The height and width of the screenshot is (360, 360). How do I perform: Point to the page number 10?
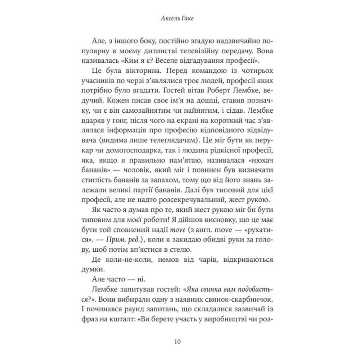(x=180, y=342)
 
